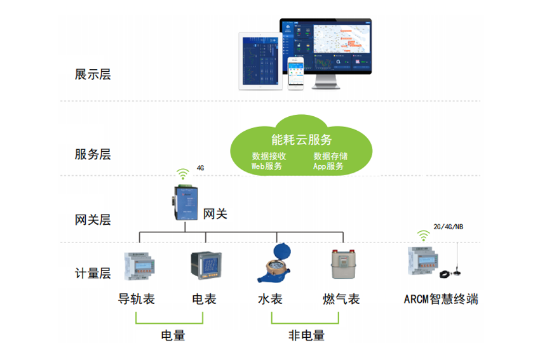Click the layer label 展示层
point(93,74)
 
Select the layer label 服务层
point(93,154)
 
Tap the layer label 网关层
point(93,220)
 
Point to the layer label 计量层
point(93,274)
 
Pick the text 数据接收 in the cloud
point(269,156)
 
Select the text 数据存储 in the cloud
point(330,156)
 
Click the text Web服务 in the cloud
point(267,166)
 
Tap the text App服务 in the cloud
point(328,166)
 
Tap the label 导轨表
point(137,299)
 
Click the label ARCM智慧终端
point(441,299)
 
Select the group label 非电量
point(306,335)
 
